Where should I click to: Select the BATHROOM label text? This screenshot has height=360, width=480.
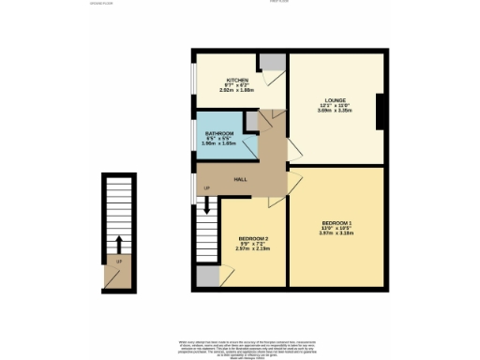click(x=219, y=134)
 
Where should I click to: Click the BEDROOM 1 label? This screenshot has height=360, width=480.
click(x=337, y=221)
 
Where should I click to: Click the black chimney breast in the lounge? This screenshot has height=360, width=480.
click(x=379, y=112)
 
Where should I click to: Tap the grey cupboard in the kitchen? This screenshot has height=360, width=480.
click(x=272, y=62)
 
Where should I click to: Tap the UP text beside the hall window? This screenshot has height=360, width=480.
click(x=206, y=188)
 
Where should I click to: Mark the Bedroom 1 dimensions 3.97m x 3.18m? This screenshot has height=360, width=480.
click(x=337, y=234)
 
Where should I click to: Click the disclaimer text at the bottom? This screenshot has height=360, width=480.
click(x=238, y=348)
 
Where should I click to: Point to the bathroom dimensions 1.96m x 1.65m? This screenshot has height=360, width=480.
click(x=219, y=145)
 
